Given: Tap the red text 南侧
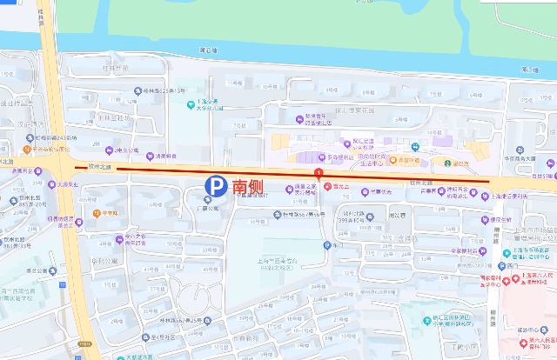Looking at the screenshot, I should [245, 185].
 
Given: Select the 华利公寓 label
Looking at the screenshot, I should [103, 258].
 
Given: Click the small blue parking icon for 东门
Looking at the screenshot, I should [326, 244].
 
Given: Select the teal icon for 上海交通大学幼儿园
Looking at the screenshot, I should [189, 104].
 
